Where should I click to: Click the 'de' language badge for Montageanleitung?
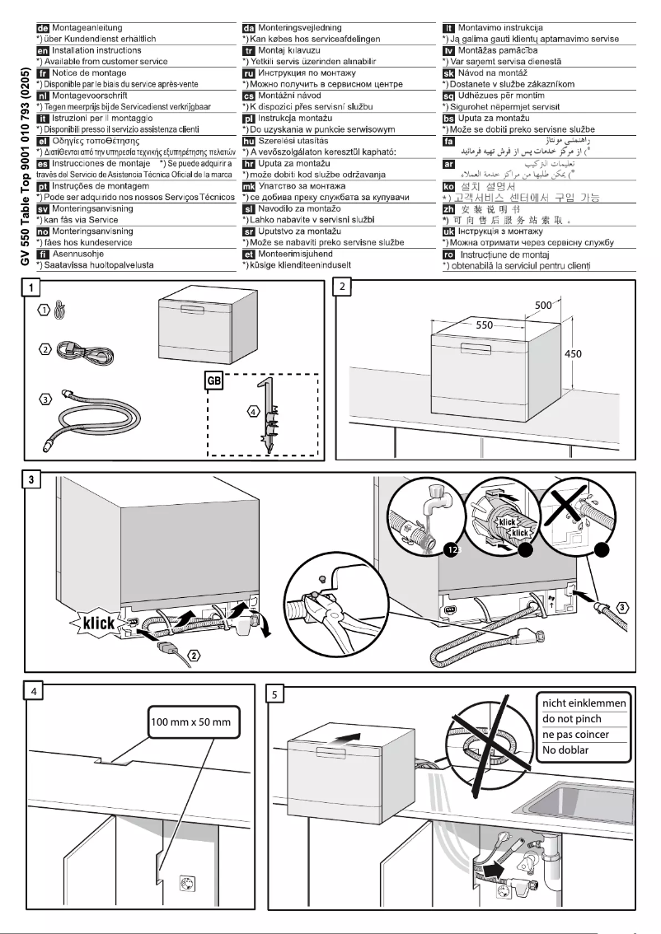pyautogui.click(x=44, y=29)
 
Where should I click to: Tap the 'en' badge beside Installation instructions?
pyautogui.click(x=44, y=51)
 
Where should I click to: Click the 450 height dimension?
pyautogui.click(x=574, y=353)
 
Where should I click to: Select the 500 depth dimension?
pyautogui.click(x=543, y=305)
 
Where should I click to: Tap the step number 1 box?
pyautogui.click(x=31, y=287)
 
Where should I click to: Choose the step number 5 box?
pyautogui.click(x=278, y=693)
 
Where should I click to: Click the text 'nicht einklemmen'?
pyautogui.click(x=583, y=703)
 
